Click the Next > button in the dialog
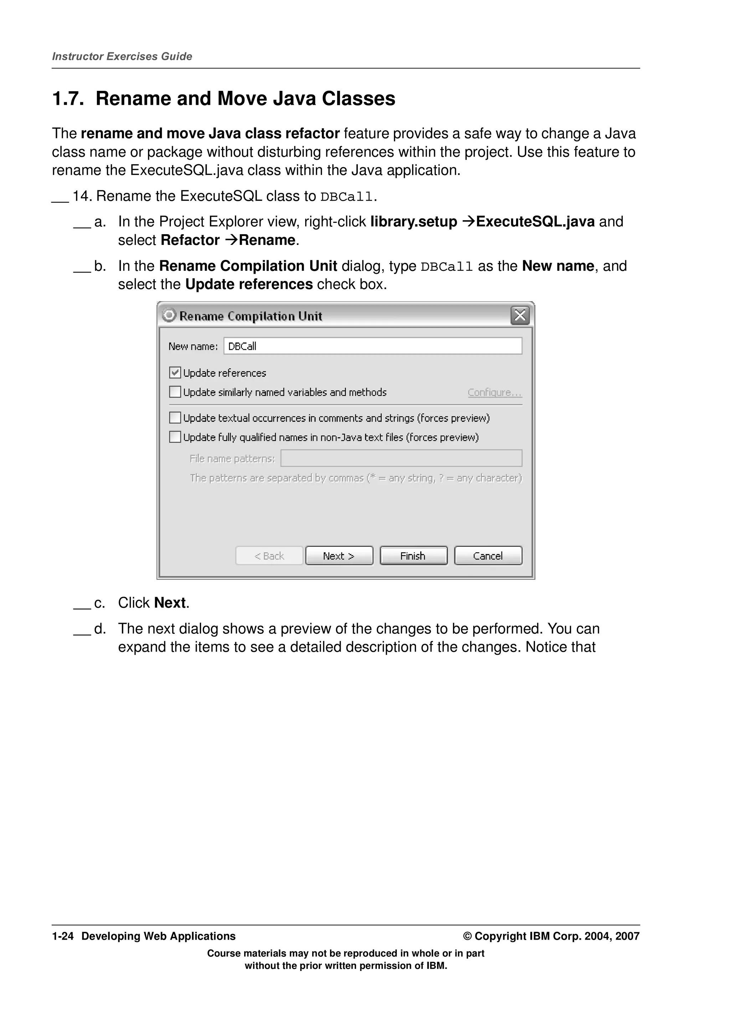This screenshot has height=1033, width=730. [339, 556]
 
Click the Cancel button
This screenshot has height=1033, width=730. [488, 556]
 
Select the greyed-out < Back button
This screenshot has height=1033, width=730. [269, 556]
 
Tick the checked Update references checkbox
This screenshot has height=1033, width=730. [175, 372]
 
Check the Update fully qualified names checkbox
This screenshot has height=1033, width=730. [175, 437]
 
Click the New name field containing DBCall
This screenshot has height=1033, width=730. [372, 346]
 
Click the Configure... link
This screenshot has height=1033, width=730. [494, 392]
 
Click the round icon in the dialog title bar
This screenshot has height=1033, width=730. [169, 315]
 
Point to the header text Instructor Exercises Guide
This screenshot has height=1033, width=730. [122, 56]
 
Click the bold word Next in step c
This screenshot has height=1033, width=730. [170, 603]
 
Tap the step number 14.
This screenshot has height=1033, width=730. [82, 196]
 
